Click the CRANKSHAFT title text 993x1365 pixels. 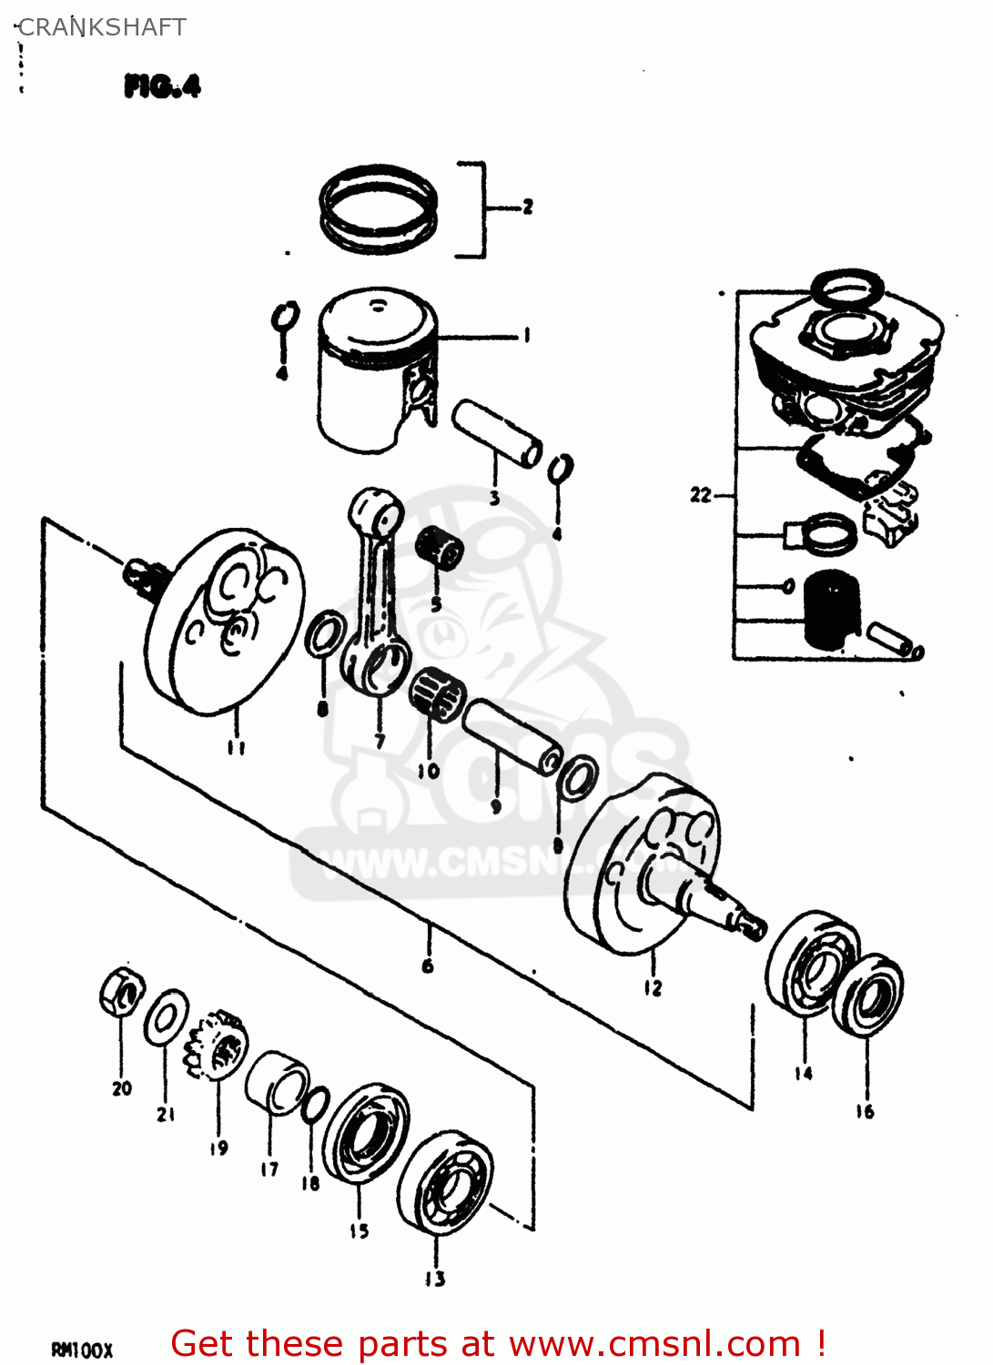(102, 27)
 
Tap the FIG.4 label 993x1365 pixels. (162, 86)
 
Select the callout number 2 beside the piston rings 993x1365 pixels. (527, 207)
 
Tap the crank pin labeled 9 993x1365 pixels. (512, 736)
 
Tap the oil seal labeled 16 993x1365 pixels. (868, 995)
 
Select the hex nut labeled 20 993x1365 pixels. (121, 993)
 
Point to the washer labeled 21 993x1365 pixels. (166, 1017)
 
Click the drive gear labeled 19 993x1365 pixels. (217, 1046)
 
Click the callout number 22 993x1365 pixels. (700, 495)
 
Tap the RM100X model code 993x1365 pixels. (82, 1350)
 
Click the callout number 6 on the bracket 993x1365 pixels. (428, 966)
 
